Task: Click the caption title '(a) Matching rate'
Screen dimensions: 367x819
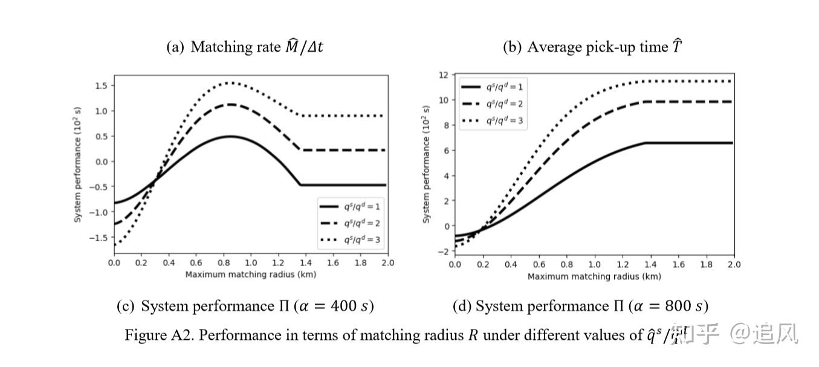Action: click(x=244, y=47)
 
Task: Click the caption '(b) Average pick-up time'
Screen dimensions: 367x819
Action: click(x=592, y=47)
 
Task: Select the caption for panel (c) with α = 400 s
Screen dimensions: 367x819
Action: click(x=245, y=307)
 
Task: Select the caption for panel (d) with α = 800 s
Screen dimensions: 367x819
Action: click(x=580, y=307)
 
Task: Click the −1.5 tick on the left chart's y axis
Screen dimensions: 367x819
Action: click(x=99, y=238)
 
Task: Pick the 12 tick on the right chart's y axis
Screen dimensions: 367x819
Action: click(x=442, y=75)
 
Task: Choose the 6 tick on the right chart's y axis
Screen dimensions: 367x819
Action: click(x=445, y=151)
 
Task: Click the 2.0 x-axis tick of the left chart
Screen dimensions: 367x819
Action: click(x=387, y=263)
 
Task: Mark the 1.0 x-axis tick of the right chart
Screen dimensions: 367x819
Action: click(x=594, y=265)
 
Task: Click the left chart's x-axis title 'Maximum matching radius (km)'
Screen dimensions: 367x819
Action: click(x=250, y=274)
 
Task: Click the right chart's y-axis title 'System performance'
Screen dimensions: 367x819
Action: click(x=427, y=164)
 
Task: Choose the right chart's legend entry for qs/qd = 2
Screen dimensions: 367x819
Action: click(x=493, y=103)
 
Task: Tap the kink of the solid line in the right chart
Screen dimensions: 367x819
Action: click(x=645, y=143)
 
